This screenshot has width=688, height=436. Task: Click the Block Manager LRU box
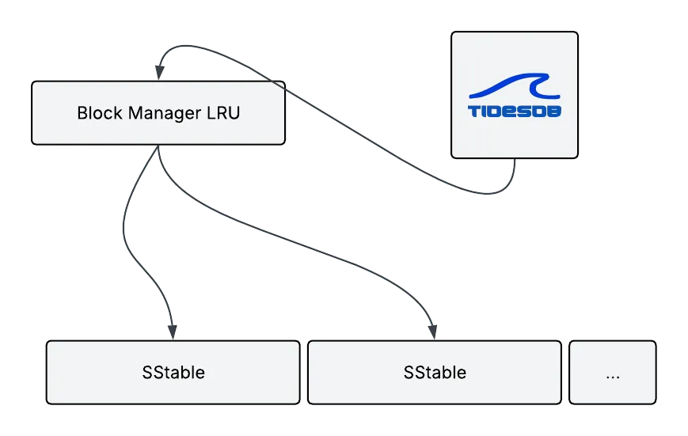point(158,112)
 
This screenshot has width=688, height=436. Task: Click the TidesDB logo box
point(514,94)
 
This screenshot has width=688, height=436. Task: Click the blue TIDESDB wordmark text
point(514,112)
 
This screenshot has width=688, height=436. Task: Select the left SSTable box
point(173,372)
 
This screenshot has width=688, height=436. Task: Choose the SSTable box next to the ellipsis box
point(435,372)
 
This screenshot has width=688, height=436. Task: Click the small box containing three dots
point(613,372)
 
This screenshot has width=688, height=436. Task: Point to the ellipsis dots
point(613,375)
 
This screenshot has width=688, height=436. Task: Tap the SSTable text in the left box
point(173,372)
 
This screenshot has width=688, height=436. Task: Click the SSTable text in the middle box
point(435,372)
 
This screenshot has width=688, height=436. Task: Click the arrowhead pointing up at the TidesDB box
point(515,168)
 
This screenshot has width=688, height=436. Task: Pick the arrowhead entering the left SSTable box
point(171,331)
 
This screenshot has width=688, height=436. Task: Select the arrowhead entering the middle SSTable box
point(431,331)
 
